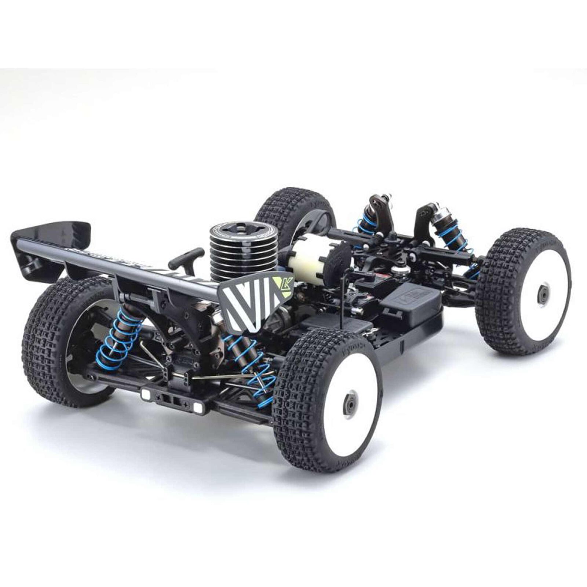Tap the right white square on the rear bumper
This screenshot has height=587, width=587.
pos(198,406)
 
